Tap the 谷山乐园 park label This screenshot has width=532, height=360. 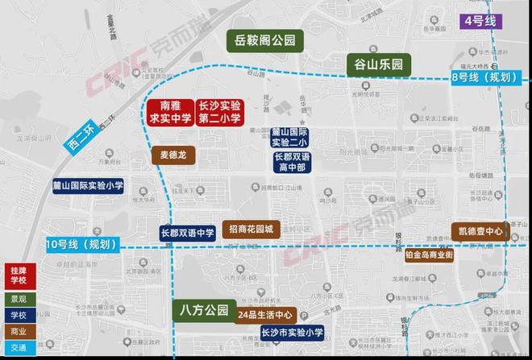[378, 64]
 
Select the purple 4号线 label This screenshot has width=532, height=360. [480, 23]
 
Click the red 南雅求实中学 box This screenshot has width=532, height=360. [169, 112]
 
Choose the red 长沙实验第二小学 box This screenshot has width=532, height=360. [219, 112]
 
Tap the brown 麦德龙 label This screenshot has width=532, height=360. [173, 155]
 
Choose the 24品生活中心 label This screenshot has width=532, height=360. [266, 315]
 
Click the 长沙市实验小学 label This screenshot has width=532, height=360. [292, 333]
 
